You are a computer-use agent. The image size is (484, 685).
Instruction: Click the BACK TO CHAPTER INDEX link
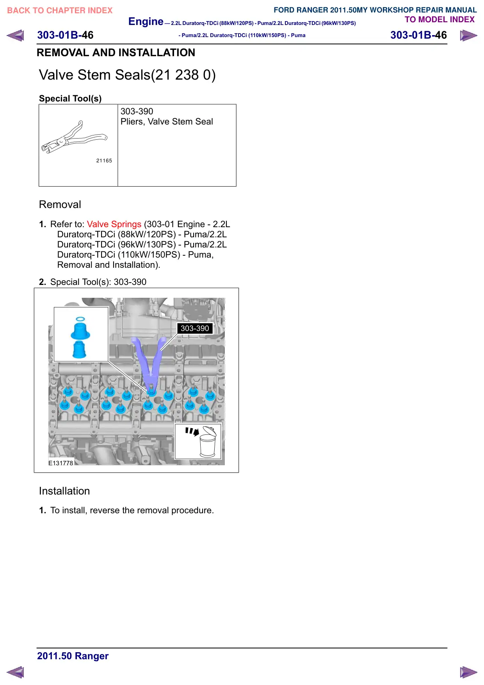coord(60,11)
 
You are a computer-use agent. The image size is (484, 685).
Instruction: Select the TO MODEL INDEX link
coord(440,20)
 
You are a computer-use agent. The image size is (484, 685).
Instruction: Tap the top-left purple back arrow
coord(15,36)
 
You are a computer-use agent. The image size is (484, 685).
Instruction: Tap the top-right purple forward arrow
coord(468,36)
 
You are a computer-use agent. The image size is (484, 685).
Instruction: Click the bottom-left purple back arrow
coord(15,672)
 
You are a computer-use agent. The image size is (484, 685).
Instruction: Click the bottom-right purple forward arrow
coord(468,672)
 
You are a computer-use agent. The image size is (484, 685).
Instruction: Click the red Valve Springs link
coord(114,224)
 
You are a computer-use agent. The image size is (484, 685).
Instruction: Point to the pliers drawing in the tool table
coord(74,137)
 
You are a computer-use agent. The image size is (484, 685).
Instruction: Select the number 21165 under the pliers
coord(104,160)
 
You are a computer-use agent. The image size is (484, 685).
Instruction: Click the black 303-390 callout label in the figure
coord(195,328)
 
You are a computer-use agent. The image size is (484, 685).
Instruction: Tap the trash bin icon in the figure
coord(208,442)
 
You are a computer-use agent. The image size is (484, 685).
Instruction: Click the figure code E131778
coord(61,463)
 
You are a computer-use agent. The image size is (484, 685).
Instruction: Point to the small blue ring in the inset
coord(80,319)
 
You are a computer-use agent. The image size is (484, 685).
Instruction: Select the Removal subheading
coord(60,205)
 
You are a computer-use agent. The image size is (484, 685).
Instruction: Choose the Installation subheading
coord(64,491)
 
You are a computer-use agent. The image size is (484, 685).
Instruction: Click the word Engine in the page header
coord(146,22)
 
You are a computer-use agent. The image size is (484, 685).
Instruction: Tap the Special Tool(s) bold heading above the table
coord(70,98)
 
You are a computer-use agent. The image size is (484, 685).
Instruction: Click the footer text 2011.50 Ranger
coord(73,656)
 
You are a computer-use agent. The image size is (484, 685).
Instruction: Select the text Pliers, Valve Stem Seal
coord(167,122)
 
